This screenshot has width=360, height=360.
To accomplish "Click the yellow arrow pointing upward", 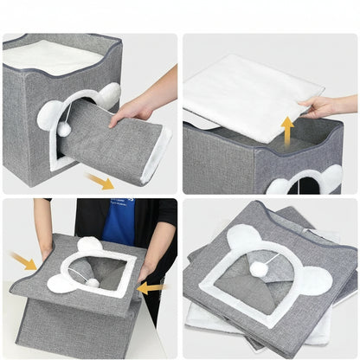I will click(287, 131).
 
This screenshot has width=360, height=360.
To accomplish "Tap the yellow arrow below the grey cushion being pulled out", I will click(101, 181).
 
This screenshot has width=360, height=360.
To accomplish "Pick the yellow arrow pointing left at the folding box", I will click(151, 286).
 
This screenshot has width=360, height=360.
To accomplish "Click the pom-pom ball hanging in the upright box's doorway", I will click(65, 129).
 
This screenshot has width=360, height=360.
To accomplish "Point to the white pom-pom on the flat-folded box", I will click(258, 269).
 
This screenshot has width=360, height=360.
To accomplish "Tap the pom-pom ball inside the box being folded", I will click(92, 281).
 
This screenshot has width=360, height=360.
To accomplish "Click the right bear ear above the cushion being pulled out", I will click(107, 95).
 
